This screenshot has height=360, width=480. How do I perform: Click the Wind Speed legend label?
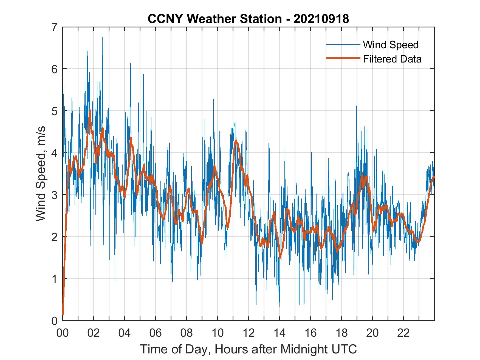tap(391, 45)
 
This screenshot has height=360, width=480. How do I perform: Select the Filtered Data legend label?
tap(392, 59)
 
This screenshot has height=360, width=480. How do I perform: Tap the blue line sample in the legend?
tap(343, 44)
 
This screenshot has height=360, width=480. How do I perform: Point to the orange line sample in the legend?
tap(343, 59)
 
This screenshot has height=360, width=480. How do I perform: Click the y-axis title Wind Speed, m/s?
tap(41, 174)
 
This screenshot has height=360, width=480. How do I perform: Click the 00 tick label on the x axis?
tap(63, 333)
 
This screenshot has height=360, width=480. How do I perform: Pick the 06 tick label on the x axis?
tap(156, 333)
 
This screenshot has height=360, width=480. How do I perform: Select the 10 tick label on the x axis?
tap(218, 333)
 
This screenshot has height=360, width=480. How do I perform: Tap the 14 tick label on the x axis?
tap(279, 333)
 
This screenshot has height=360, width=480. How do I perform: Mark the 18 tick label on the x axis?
tap(341, 333)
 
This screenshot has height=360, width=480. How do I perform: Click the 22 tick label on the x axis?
tap(403, 333)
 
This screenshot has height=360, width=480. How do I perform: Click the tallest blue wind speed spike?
tap(102, 38)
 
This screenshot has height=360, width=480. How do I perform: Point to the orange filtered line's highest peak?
tap(90, 110)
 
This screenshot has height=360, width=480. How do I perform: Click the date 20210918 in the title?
tap(321, 19)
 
